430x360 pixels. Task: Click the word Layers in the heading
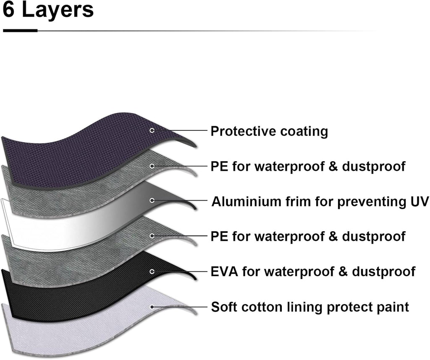click(58, 10)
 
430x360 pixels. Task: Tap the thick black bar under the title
click(20, 30)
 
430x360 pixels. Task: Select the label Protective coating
click(269, 131)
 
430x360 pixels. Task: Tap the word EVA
click(224, 271)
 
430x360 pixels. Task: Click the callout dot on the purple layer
click(152, 130)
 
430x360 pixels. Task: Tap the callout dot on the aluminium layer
click(152, 201)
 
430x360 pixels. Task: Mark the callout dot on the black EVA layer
click(152, 271)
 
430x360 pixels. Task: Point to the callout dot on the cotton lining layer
click(152, 307)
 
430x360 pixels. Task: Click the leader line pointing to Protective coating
click(181, 130)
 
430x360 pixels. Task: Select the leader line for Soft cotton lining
click(181, 307)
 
